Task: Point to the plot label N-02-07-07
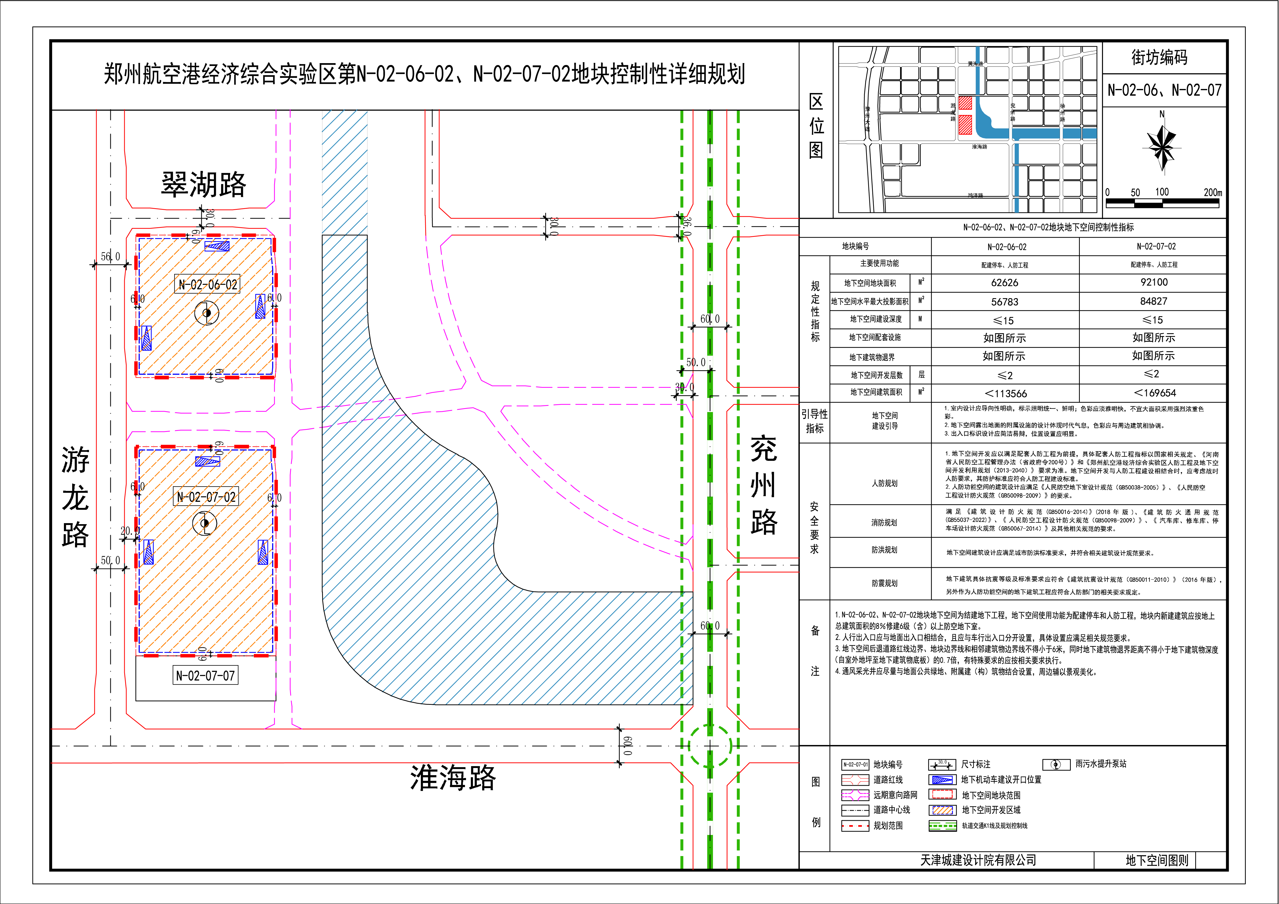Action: tap(206, 676)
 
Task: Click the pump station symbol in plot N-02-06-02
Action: tap(207, 313)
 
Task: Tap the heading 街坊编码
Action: tap(1159, 57)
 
